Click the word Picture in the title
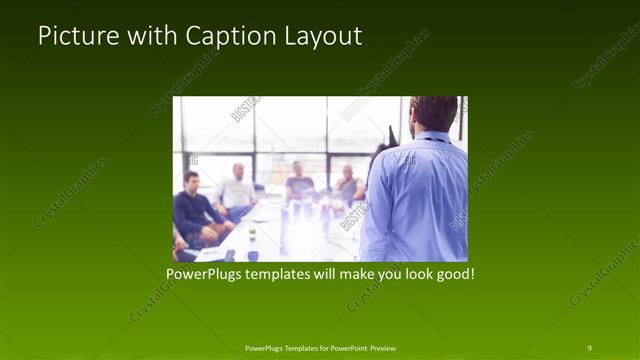(x=74, y=36)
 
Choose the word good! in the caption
(x=452, y=271)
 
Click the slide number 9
(x=589, y=347)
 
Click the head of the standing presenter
(x=434, y=113)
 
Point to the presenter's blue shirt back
(x=416, y=195)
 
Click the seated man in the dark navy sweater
(x=191, y=211)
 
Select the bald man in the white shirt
(x=237, y=190)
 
